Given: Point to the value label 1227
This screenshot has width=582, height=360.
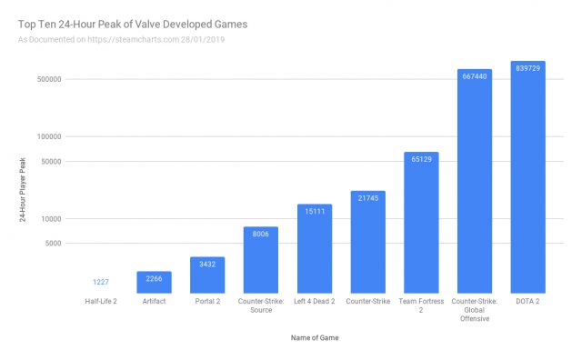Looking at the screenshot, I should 101,282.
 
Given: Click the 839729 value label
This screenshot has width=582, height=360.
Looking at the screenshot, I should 527,69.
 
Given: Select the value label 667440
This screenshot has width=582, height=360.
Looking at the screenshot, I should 475,77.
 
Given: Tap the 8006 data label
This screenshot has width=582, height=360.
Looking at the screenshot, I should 261,234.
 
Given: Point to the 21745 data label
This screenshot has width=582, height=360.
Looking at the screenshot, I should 368,198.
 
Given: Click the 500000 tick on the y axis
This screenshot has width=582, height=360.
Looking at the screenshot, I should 47,79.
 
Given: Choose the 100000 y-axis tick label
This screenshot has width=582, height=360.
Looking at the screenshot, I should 47,137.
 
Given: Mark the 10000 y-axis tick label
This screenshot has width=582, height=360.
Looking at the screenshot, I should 49,219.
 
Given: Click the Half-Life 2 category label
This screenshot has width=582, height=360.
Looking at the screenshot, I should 101,301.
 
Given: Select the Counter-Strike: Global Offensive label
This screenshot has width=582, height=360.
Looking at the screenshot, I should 475,310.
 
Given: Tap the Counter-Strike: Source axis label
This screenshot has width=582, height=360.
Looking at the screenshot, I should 261,305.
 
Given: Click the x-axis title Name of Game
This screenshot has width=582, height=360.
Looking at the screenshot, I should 314,338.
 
